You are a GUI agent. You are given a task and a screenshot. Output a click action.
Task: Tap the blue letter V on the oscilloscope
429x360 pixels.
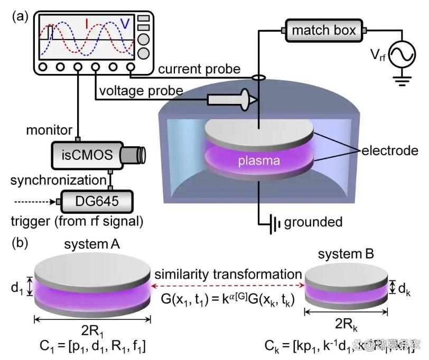click(125, 24)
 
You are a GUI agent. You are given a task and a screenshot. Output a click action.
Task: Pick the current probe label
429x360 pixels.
click(199, 69)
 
